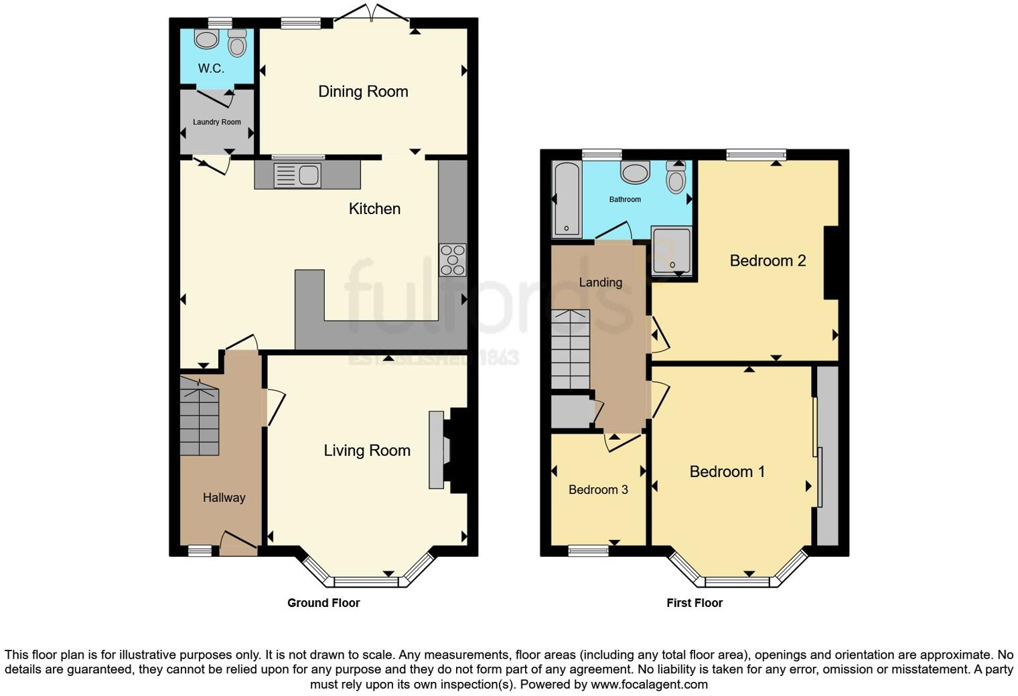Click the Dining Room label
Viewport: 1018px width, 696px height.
coord(363,92)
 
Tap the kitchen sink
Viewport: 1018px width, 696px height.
coord(298,175)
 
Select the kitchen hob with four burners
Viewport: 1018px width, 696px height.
coord(453,260)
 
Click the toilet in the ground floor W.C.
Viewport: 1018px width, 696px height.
coord(237,43)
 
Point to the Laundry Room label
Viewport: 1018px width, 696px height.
coord(216,122)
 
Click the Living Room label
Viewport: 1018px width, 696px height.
coord(367,451)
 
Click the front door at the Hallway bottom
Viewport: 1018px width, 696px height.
coord(238,543)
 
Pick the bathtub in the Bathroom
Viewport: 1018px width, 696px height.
coord(567,199)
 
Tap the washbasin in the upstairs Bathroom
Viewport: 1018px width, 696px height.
coord(635,173)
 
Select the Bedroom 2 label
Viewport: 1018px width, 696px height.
coord(768,261)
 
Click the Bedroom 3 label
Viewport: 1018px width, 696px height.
coord(598,490)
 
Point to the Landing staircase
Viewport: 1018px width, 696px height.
coord(570,349)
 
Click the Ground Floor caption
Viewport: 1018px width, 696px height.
coord(323,603)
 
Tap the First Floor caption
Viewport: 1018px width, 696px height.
coord(695,603)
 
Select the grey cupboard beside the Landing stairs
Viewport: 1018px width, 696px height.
coord(571,412)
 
